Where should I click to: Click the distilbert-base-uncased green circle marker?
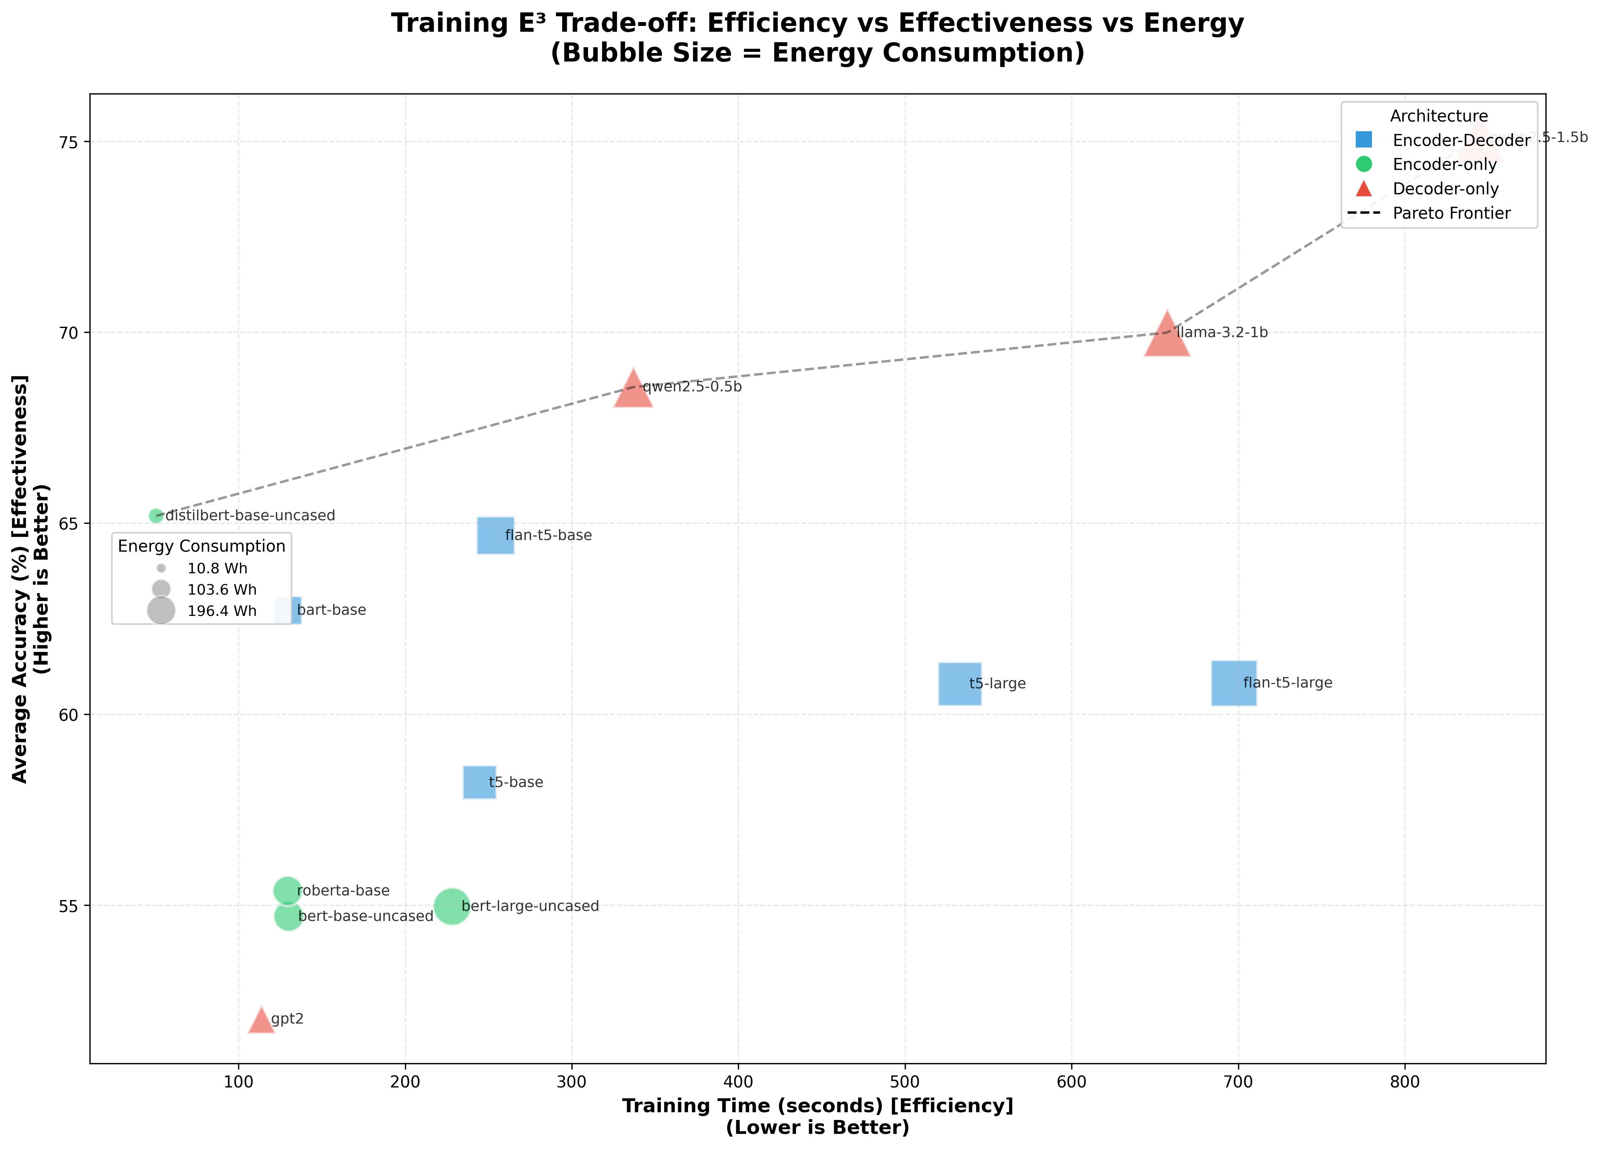point(156,516)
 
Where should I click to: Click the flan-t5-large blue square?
point(1234,683)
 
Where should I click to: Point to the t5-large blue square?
point(959,683)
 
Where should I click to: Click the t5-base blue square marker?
point(479,782)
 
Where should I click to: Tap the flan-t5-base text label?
point(548,535)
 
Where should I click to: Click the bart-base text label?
point(331,610)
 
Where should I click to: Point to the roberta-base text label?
point(343,891)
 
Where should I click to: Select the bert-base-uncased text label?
point(365,916)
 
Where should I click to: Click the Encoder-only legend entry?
point(1444,165)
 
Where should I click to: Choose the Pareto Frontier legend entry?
point(1451,213)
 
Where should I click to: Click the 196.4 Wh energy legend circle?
point(161,610)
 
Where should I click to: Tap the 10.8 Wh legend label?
point(217,569)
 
